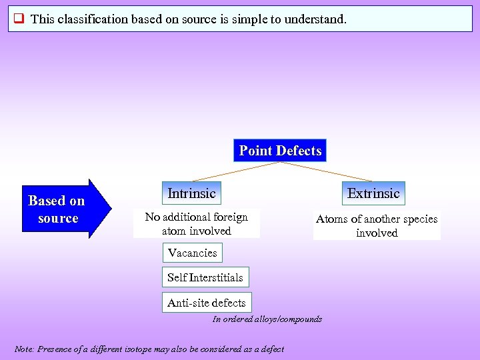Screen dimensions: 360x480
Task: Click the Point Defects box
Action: [280, 151]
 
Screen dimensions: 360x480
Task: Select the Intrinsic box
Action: [191, 193]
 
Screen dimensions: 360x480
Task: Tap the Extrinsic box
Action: [373, 193]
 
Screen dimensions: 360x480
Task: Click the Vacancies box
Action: [192, 253]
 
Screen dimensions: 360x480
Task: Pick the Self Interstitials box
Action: [205, 277]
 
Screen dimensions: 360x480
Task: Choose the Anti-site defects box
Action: [206, 303]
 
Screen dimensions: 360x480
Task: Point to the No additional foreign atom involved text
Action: [196, 224]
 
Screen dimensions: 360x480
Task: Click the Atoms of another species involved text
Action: [377, 226]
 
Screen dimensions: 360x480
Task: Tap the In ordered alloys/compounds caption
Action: [267, 319]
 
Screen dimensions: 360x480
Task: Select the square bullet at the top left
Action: [19, 19]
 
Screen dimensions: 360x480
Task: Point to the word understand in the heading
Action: [313, 19]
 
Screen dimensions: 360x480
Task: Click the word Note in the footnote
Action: [24, 349]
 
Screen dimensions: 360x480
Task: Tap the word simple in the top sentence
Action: [250, 19]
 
